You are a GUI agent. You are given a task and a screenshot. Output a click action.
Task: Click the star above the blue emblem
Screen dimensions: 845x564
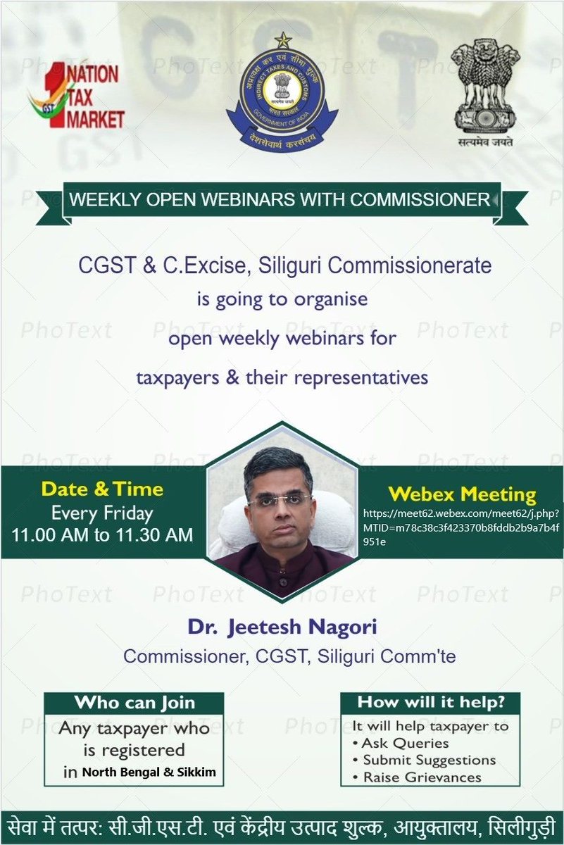pyautogui.click(x=282, y=41)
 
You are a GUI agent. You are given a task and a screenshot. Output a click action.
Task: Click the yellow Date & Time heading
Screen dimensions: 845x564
pyautogui.click(x=102, y=489)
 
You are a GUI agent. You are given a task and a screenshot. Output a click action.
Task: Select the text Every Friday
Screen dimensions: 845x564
pyautogui.click(x=102, y=513)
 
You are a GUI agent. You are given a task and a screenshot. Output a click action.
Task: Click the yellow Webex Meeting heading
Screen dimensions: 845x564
pyautogui.click(x=463, y=493)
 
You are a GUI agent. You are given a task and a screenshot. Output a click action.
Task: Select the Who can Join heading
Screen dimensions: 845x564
pyautogui.click(x=134, y=702)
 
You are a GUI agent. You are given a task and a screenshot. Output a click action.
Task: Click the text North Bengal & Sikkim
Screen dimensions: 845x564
pyautogui.click(x=149, y=772)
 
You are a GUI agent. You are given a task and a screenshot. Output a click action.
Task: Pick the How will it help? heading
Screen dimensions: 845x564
pyautogui.click(x=430, y=701)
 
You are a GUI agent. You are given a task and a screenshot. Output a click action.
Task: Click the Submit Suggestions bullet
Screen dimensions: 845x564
pyautogui.click(x=429, y=760)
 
